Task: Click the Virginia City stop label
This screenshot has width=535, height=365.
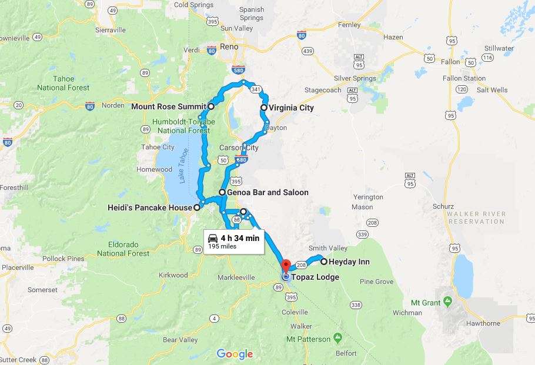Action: [291, 108]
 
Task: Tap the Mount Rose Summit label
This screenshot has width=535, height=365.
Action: [169, 106]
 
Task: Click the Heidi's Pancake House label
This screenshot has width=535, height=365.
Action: [150, 207]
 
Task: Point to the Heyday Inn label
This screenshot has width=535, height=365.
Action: [349, 262]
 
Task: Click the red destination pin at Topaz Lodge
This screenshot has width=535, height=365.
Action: [286, 266]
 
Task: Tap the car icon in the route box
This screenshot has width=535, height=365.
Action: [213, 238]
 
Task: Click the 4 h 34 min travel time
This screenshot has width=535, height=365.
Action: [240, 238]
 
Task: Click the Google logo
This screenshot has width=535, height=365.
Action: [235, 354]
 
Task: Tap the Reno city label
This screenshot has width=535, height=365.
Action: [228, 46]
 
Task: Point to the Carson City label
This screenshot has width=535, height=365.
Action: [239, 148]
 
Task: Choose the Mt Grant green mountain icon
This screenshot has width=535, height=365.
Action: [447, 302]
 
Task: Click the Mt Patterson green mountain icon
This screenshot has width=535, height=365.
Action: [337, 338]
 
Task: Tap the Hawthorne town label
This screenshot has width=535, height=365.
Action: [484, 323]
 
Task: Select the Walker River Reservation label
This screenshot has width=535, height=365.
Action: [476, 217]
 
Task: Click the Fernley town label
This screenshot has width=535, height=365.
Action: [349, 25]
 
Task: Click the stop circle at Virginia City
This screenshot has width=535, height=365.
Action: [264, 108]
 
